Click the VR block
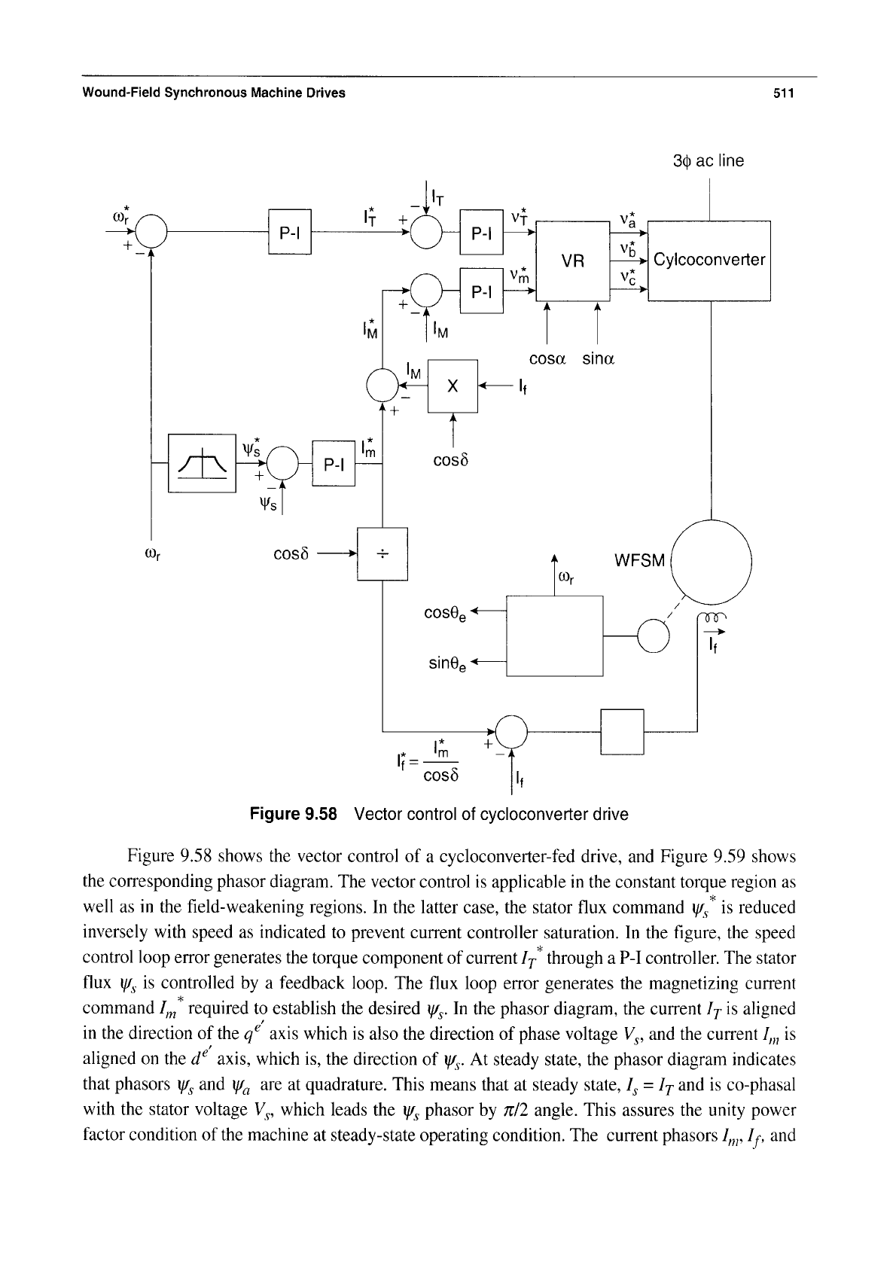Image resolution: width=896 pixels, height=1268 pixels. pyautogui.click(x=572, y=261)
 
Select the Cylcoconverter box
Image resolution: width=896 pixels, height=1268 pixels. pyautogui.click(x=709, y=261)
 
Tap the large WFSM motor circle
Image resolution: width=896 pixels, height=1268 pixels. pyautogui.click(x=711, y=562)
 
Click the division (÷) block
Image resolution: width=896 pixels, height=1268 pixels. pyautogui.click(x=382, y=553)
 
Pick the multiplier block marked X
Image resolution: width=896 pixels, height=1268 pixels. pyautogui.click(x=453, y=386)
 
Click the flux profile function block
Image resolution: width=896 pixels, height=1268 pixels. pyautogui.click(x=202, y=463)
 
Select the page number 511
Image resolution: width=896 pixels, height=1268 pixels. pyautogui.click(x=784, y=93)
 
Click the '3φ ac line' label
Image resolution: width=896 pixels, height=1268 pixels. pyautogui.click(x=708, y=161)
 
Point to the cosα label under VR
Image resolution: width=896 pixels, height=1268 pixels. pyautogui.click(x=547, y=359)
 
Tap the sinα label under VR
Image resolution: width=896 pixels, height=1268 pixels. pyautogui.click(x=599, y=359)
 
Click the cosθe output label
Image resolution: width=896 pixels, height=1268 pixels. pyautogui.click(x=446, y=614)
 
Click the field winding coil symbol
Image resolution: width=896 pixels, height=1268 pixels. pyautogui.click(x=712, y=617)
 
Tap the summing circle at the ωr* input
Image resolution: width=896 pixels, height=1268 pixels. pyautogui.click(x=151, y=232)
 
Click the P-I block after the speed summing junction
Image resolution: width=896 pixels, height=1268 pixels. pyautogui.click(x=289, y=231)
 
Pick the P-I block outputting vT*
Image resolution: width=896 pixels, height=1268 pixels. pyautogui.click(x=481, y=232)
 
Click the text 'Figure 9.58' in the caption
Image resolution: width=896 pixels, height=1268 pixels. pyautogui.click(x=293, y=815)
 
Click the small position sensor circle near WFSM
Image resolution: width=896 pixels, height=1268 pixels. pyautogui.click(x=654, y=636)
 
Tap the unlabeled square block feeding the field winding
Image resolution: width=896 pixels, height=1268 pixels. pyautogui.click(x=622, y=732)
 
